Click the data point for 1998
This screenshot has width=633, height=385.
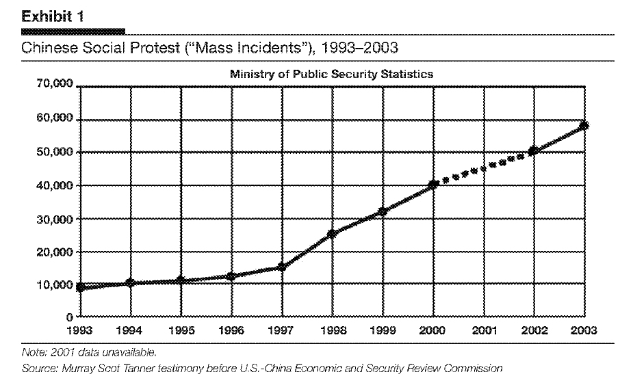point(332,234)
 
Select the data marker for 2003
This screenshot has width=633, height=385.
point(584,126)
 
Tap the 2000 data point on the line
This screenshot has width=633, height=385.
point(432,185)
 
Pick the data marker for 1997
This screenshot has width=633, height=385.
point(281,267)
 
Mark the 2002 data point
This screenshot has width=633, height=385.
point(533,151)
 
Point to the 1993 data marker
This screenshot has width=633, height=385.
point(81,288)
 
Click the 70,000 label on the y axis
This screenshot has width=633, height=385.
point(51,85)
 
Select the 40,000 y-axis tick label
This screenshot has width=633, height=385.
point(51,185)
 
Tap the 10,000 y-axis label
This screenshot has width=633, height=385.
point(51,284)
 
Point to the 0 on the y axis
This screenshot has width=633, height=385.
point(68,317)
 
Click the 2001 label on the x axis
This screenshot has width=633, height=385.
point(483,330)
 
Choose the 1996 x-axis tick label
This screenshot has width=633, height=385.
point(231,330)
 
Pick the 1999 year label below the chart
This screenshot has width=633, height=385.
point(383,330)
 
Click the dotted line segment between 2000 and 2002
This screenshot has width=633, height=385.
point(483,168)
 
